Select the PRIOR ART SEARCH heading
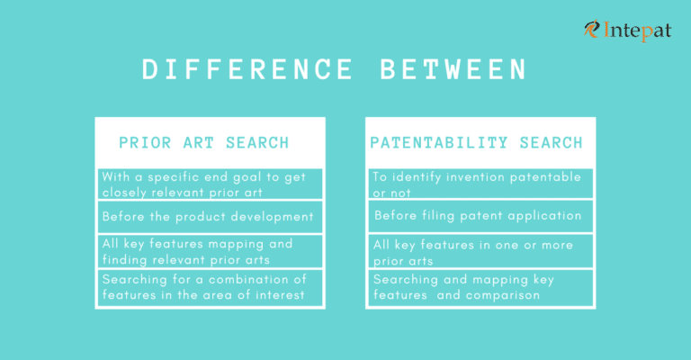click(x=204, y=142)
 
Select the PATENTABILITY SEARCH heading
click(x=476, y=142)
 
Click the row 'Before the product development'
click(x=208, y=216)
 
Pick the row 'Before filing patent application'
click(x=478, y=216)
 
